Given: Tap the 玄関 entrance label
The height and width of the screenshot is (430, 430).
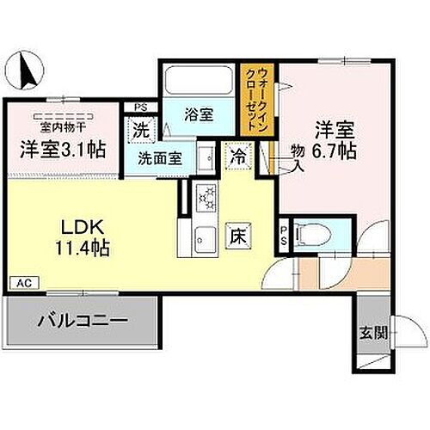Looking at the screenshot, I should coord(370,331).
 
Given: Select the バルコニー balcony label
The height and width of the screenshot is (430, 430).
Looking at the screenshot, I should coord(81,323).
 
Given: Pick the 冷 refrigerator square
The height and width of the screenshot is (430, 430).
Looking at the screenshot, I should coord(236,157).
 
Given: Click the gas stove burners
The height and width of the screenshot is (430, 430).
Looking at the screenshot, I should coord(208,200).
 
